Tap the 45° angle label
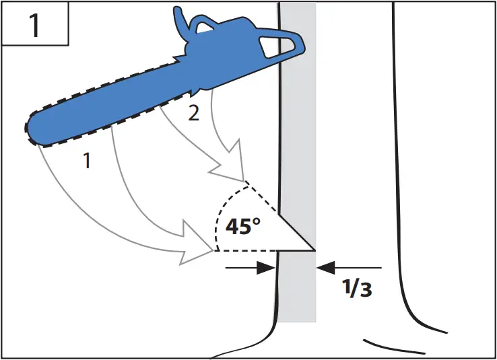tap(243, 226)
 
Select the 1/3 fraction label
tap(356, 287)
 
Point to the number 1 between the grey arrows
tap(86, 160)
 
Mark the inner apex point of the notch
tap(314, 250)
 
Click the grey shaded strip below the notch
tap(296, 289)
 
